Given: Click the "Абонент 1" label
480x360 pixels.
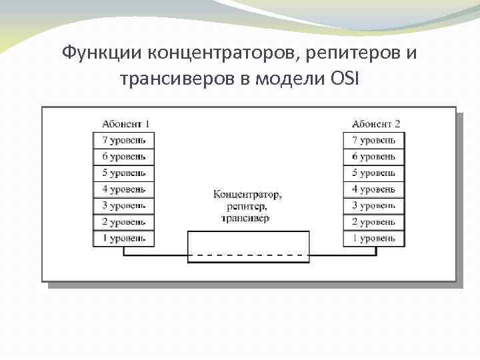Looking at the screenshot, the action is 125,123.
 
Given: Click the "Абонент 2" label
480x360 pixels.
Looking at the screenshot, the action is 376,123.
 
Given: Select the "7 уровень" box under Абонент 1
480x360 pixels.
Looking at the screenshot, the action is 123,140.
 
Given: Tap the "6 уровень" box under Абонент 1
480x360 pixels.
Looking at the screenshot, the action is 123,157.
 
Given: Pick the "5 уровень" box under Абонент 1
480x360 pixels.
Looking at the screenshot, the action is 123,173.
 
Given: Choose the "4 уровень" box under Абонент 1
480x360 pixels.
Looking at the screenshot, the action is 123,189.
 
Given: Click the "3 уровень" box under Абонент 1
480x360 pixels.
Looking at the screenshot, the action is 123,206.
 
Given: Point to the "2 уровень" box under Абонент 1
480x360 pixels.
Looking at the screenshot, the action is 123,222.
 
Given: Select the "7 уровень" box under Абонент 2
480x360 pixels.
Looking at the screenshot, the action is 374,140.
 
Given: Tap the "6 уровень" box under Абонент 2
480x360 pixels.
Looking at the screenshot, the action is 374,157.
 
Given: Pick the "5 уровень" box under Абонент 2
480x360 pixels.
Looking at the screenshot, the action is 374,173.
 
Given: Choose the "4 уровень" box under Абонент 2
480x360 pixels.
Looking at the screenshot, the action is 374,189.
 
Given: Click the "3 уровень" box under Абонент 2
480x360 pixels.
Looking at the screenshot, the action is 374,206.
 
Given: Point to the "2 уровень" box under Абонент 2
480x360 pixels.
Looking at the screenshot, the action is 374,222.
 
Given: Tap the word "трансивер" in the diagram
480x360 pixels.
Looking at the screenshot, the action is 247,218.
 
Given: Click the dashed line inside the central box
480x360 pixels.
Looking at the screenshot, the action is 249,255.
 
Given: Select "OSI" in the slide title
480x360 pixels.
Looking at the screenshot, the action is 344,79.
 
